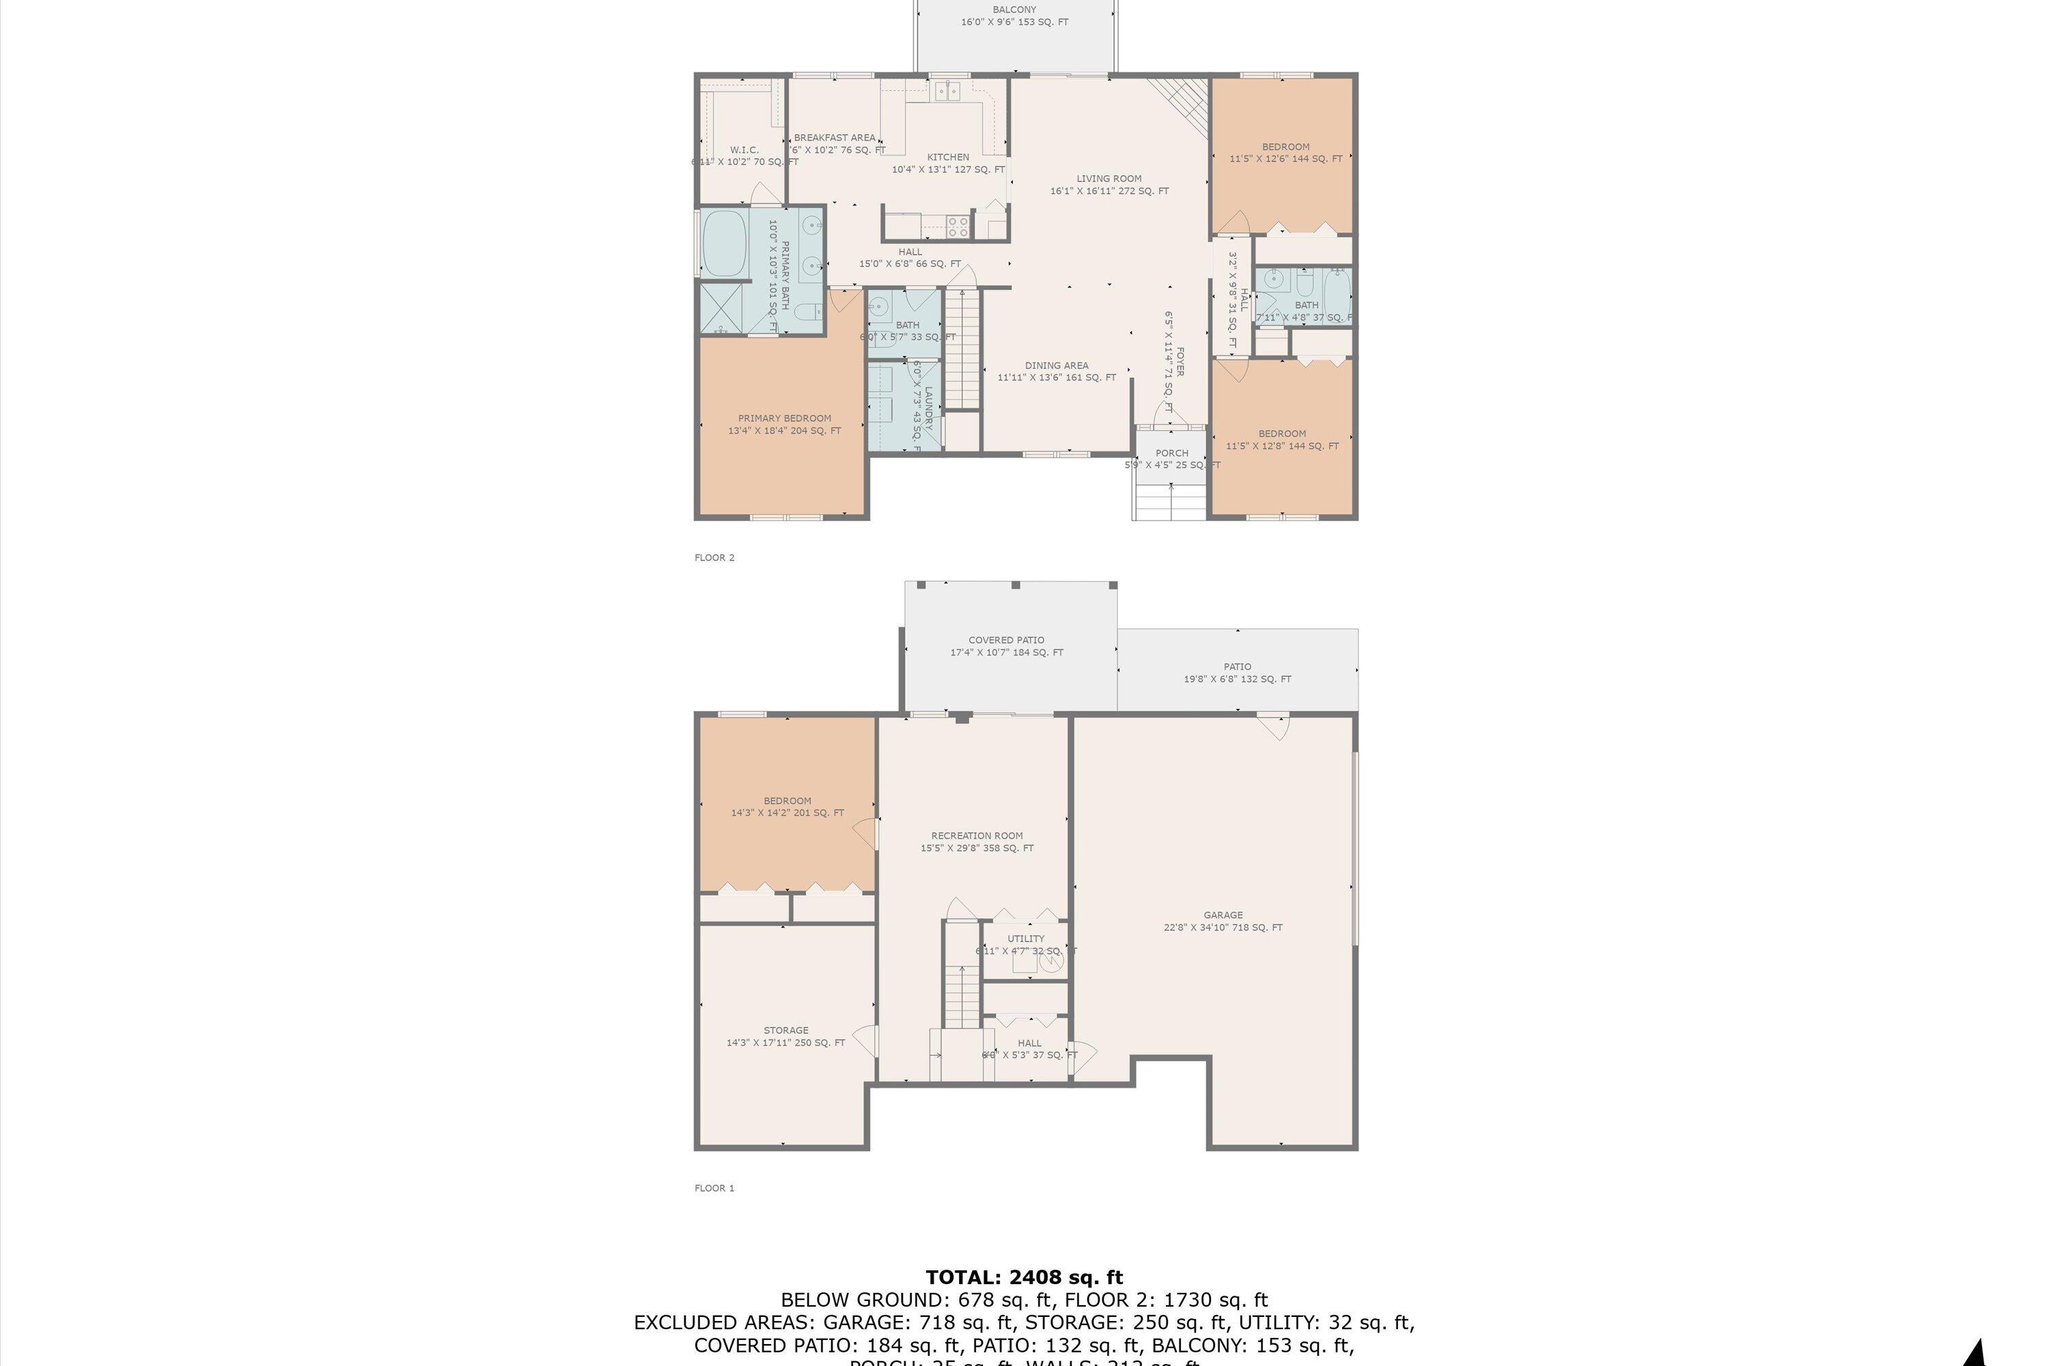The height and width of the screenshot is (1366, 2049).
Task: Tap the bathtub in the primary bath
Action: click(x=724, y=243)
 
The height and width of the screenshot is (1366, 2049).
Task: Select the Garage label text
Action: click(x=1223, y=921)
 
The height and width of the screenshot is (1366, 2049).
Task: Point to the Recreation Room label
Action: click(x=977, y=841)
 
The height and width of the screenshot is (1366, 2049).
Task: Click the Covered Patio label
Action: click(x=1006, y=645)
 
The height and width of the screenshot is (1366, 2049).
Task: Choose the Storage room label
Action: click(x=786, y=1036)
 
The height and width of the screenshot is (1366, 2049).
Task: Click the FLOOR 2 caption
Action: click(x=714, y=557)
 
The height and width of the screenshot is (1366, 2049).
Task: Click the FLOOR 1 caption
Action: click(x=714, y=1188)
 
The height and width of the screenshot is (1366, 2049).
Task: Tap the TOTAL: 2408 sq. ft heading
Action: click(x=1024, y=1277)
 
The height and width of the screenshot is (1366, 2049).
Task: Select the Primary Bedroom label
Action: click(x=784, y=424)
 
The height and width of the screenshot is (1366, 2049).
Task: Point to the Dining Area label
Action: click(x=1056, y=371)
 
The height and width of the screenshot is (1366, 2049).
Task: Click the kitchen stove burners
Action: click(x=958, y=227)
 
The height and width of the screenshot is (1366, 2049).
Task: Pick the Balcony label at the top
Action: click(x=1014, y=16)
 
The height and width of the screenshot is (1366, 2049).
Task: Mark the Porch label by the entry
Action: click(x=1172, y=458)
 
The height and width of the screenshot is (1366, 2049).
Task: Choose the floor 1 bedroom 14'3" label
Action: click(x=787, y=807)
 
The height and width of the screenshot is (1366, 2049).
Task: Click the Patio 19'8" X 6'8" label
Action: click(x=1237, y=673)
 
